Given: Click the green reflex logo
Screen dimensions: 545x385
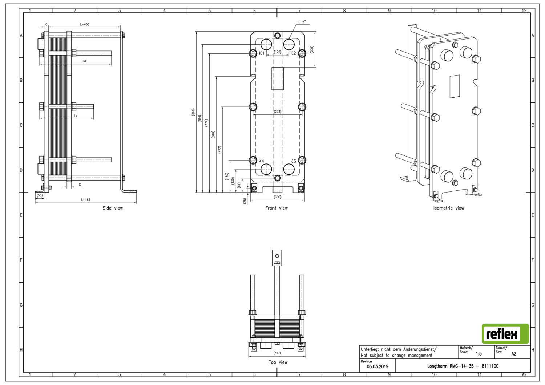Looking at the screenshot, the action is [505, 333].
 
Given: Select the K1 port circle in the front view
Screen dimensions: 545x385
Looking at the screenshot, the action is [266, 45].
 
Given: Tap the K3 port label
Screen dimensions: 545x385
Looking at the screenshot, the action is [293, 161].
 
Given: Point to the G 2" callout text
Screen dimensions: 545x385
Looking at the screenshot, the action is [302, 22].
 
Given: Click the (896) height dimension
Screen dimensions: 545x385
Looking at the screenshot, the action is [193, 112].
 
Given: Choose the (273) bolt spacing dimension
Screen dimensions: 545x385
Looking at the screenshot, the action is [278, 112].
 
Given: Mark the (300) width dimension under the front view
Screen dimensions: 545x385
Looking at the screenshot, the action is [278, 197].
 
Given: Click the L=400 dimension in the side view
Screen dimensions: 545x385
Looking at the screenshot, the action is [85, 24].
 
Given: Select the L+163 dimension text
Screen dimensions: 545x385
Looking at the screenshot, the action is [86, 200].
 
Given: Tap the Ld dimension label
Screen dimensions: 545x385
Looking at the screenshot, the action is [84, 61].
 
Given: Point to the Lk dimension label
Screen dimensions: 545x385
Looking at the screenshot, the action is [76, 116].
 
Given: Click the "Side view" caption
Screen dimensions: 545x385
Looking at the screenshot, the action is [113, 208].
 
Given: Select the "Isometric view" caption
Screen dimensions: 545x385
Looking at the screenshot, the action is [449, 208].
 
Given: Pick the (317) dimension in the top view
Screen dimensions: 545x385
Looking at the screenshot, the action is [277, 353].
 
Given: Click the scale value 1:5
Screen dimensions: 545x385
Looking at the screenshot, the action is [479, 354].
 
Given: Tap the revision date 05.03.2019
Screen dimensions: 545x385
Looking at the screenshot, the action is [378, 366].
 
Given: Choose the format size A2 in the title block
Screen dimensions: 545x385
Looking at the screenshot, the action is [514, 354].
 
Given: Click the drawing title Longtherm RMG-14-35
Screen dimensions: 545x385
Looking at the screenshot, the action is [451, 366].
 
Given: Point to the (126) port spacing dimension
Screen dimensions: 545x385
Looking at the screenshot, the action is [278, 52].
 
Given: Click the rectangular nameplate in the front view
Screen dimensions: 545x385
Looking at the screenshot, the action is [278, 78].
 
